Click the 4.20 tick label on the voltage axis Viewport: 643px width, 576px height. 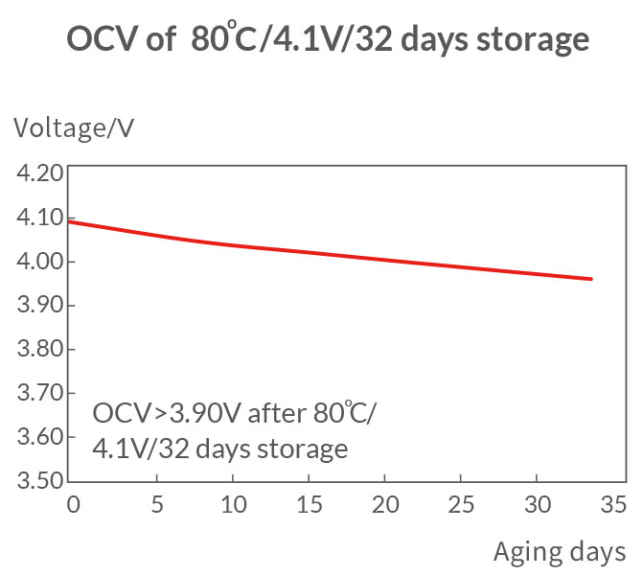coord(37,173)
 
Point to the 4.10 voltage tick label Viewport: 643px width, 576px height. coord(37,218)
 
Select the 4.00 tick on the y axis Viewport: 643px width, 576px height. coord(37,262)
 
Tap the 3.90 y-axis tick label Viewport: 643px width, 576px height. coord(37,306)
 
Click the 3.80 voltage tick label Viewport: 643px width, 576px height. coord(37,350)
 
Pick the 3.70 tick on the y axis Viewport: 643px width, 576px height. coord(37,393)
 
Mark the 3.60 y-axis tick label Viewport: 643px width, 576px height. coord(37,437)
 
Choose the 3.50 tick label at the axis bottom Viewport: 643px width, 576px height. coord(37,480)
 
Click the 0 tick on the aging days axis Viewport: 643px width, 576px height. coord(73,505)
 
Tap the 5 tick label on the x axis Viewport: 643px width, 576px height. coord(156,505)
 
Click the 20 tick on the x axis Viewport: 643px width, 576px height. coord(384,505)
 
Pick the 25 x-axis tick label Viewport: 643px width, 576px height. coord(461,505)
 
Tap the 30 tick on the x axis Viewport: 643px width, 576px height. coord(539,505)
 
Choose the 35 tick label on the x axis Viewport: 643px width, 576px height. coord(615,505)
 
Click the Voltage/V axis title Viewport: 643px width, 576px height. coord(73,127)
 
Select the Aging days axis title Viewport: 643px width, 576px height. coord(560,551)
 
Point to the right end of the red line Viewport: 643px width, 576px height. coord(592,279)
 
